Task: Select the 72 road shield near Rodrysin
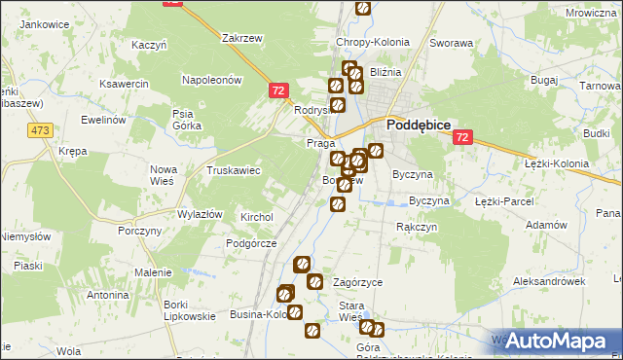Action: click(x=278, y=90)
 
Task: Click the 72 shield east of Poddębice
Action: click(x=461, y=138)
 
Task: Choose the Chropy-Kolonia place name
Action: click(x=373, y=43)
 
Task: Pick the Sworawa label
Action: click(x=452, y=43)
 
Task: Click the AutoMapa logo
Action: click(x=557, y=341)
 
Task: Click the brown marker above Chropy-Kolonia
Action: click(x=363, y=9)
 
